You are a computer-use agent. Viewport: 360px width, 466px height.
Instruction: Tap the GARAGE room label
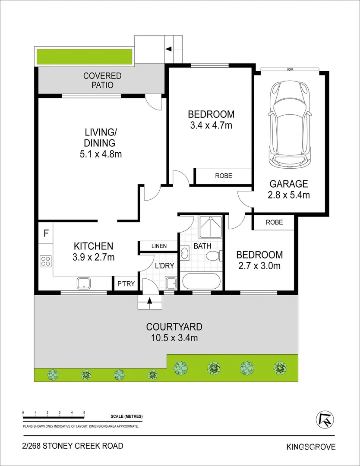289,184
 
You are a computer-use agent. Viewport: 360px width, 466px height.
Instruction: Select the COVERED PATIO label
102,81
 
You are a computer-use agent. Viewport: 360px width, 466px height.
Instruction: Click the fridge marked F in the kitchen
46,234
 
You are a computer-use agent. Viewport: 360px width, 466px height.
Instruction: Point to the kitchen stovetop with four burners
46,261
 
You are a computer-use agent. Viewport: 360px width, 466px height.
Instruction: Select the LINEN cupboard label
159,246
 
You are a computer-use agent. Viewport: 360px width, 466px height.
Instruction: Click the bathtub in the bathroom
202,282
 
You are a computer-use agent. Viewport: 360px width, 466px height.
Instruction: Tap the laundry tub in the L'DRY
171,283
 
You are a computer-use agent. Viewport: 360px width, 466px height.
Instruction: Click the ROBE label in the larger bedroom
224,176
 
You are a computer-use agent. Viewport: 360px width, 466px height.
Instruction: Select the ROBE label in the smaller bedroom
275,222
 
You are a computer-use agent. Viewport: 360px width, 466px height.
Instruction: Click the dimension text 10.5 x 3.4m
174,338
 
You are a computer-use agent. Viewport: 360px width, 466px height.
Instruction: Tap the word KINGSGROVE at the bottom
311,447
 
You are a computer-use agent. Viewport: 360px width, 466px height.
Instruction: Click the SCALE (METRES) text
126,416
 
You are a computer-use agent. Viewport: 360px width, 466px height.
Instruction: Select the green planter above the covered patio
84,57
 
